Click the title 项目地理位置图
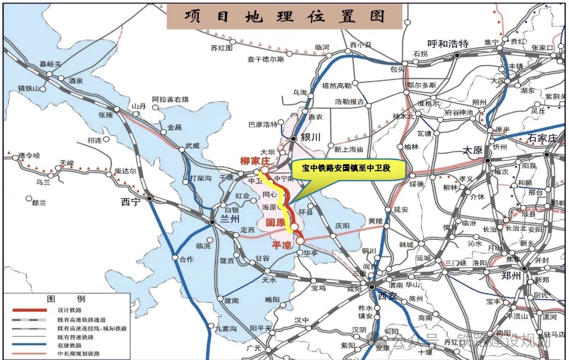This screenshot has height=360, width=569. pyautogui.click(x=284, y=16)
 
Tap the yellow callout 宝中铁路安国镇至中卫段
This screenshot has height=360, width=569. pyautogui.click(x=348, y=169)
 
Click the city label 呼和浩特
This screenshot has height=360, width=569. pyautogui.click(x=448, y=44)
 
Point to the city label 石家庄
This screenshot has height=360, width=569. pyautogui.click(x=542, y=137)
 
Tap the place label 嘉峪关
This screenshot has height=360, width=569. pyautogui.click(x=52, y=64)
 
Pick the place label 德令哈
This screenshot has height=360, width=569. pyautogui.click(x=29, y=156)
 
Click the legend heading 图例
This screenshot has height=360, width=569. pyautogui.click(x=66, y=300)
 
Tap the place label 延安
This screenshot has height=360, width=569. pyautogui.click(x=401, y=209)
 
